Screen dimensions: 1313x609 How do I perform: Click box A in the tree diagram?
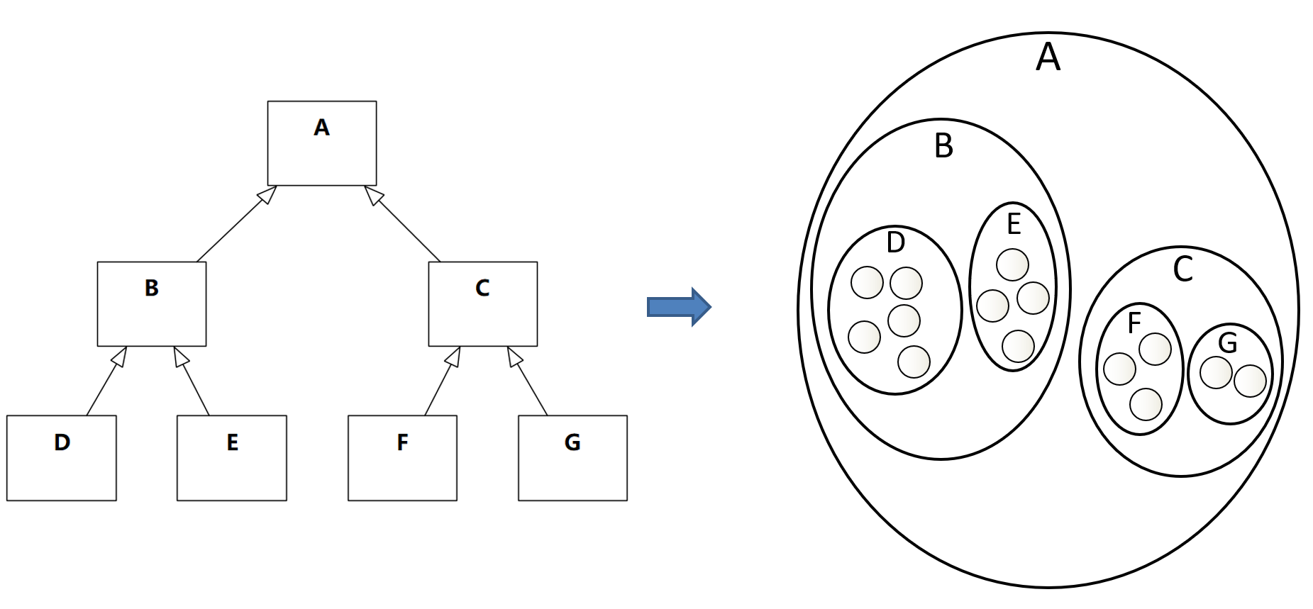322,143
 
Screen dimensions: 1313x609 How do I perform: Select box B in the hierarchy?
152,304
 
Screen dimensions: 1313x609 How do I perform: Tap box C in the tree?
483,304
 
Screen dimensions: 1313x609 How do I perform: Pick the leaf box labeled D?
62,458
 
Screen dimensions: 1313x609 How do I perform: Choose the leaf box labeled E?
232,458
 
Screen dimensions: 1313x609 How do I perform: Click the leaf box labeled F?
402,458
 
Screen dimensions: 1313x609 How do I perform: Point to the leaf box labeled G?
573,458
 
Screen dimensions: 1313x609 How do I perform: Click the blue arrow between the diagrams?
679,307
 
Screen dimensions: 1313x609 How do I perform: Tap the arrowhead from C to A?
374,196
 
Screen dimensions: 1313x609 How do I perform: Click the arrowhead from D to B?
120,357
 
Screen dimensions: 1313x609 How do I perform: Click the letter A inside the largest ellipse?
1048,57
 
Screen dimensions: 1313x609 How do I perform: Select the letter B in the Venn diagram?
943,146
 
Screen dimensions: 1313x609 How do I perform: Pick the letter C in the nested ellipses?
1182,269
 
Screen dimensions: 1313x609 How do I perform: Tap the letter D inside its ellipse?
896,242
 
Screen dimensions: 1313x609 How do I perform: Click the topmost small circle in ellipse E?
1012,265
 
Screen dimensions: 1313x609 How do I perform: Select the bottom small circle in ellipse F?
1146,405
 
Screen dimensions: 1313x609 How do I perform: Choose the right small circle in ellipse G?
1250,381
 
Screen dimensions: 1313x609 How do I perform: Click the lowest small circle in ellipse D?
914,362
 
